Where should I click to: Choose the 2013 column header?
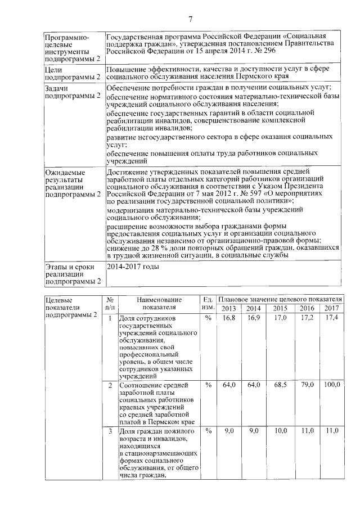229,308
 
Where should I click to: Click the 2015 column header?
280,308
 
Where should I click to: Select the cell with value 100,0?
331,385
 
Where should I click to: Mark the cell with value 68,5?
280,385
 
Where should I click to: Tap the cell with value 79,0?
306,385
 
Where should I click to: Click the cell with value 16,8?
229,318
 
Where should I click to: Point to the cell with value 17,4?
331,318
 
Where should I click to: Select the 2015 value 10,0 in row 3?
280,430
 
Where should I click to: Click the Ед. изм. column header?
208,304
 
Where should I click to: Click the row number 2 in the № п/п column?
110,385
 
